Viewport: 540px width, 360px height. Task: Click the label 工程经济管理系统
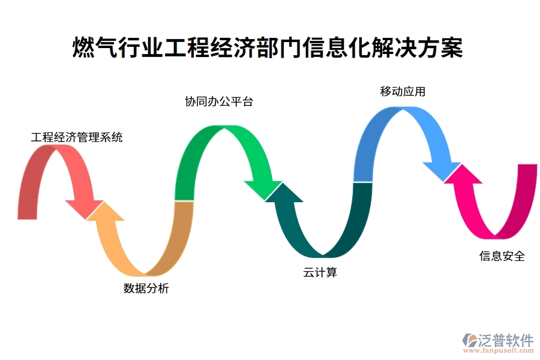(77, 137)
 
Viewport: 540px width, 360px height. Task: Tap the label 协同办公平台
(219, 101)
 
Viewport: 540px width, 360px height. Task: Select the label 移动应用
(403, 91)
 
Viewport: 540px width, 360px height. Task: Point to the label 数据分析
(146, 289)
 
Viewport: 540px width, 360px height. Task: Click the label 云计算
(320, 272)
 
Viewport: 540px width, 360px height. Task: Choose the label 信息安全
(502, 256)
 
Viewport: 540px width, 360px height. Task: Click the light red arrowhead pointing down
(85, 207)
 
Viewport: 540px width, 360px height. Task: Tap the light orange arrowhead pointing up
(106, 212)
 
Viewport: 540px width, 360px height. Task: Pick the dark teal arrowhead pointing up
(284, 194)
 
